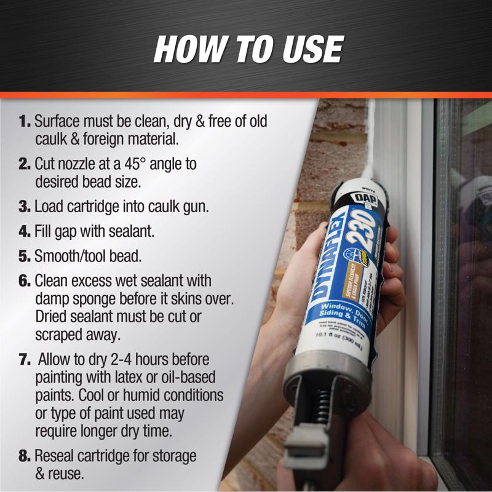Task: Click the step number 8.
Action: pyautogui.click(x=25, y=456)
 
